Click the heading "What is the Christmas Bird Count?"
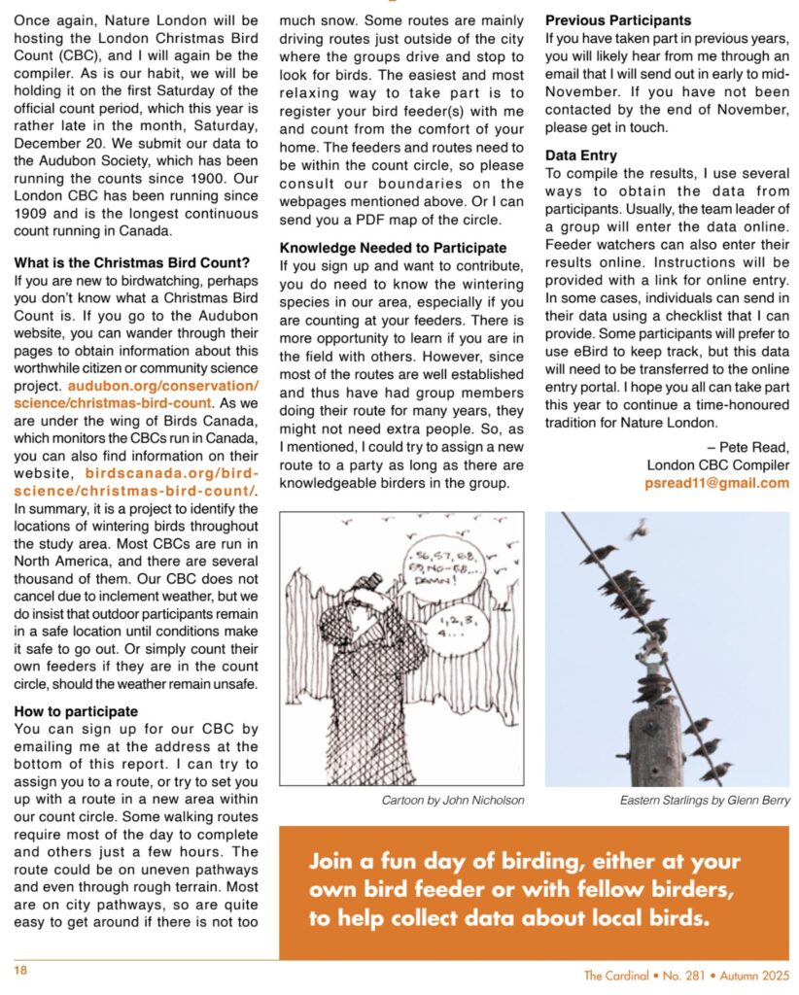pyautogui.click(x=132, y=262)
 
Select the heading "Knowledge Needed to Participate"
pyautogui.click(x=393, y=248)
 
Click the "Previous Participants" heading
pyautogui.click(x=618, y=19)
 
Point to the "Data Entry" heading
pyautogui.click(x=581, y=155)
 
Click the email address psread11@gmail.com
pyautogui.click(x=717, y=483)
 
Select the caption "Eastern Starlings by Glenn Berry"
pyautogui.click(x=705, y=801)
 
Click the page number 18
pyautogui.click(x=20, y=970)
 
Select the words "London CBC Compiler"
pyautogui.click(x=717, y=464)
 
